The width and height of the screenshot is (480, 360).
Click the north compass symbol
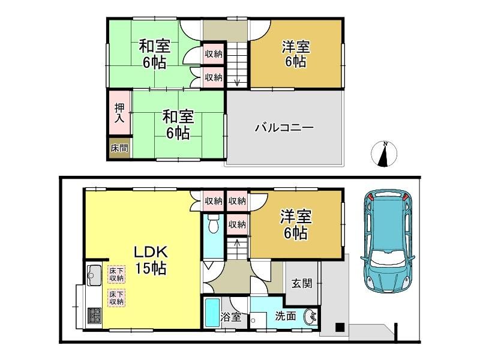point(384,154)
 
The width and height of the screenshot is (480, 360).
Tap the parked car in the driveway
point(388,242)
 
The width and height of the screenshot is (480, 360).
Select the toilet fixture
point(213,223)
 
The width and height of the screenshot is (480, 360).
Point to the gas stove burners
point(94,316)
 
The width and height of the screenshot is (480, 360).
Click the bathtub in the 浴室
point(212,313)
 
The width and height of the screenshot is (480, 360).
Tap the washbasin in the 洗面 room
point(311,317)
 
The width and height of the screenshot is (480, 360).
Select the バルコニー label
point(284,127)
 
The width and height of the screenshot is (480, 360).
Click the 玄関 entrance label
point(302,283)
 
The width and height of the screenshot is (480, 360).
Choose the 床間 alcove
point(119,148)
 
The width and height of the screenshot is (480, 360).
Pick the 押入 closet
point(119,113)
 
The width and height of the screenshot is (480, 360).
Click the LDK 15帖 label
point(151,260)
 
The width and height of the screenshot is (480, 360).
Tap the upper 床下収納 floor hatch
point(116,274)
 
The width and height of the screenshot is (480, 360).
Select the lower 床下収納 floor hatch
point(116,298)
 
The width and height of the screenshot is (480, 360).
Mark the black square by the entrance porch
point(340,327)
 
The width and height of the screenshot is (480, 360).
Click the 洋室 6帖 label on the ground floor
point(296,224)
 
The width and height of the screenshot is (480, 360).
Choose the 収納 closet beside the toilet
point(237,224)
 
